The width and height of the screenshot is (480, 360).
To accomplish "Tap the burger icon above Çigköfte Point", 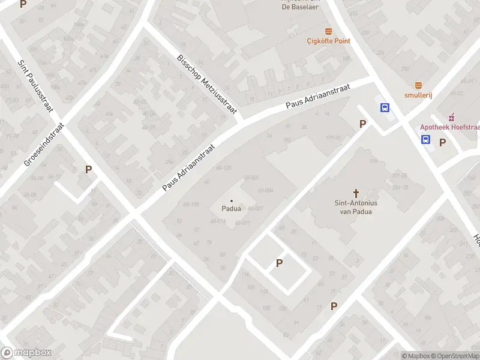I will pos(328,31).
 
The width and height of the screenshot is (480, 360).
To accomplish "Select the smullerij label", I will pos(418,95).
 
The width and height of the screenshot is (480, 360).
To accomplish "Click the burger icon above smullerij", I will pos(418,85).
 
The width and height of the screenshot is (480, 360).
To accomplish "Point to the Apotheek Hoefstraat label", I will pos(449,127).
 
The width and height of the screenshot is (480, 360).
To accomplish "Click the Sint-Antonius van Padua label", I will pos(356,207).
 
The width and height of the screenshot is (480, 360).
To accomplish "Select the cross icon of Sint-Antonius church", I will pos(356,193).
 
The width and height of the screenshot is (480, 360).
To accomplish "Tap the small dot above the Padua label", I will pos(232,201).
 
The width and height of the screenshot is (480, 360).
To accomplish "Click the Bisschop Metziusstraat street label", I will pos(207,83).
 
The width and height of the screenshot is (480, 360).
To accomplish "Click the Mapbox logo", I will pos(26,353).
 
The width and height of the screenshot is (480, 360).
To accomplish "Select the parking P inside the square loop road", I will pos(279,263).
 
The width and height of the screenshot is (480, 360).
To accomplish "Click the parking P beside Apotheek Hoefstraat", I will pos(443,142).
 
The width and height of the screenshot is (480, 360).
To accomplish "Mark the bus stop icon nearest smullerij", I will pos(385,108).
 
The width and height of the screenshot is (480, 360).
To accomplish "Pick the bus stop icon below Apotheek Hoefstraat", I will pos(425,140).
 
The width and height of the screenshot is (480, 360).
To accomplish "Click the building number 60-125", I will pos(223,167).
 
